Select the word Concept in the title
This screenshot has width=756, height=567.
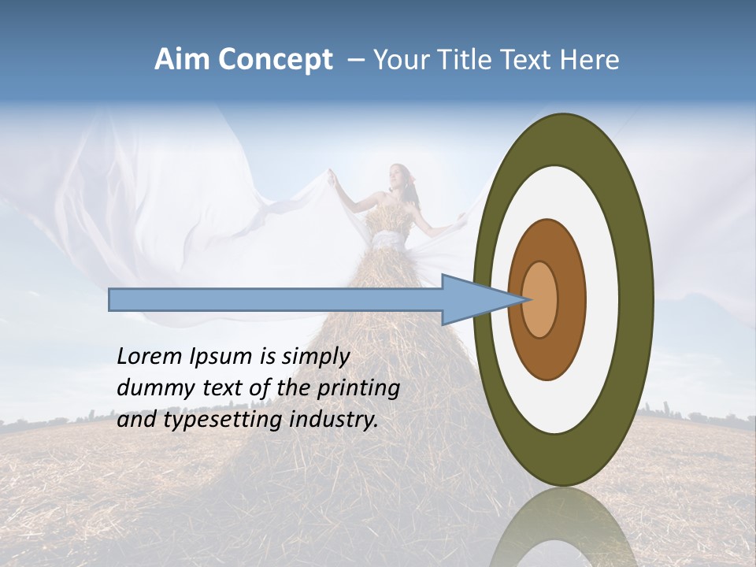[x=276, y=61]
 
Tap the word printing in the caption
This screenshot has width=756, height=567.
[x=358, y=388]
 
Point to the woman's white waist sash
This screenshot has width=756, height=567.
[x=390, y=239]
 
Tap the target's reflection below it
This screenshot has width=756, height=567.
[x=562, y=532]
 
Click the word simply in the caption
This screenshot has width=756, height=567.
[x=315, y=357]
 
